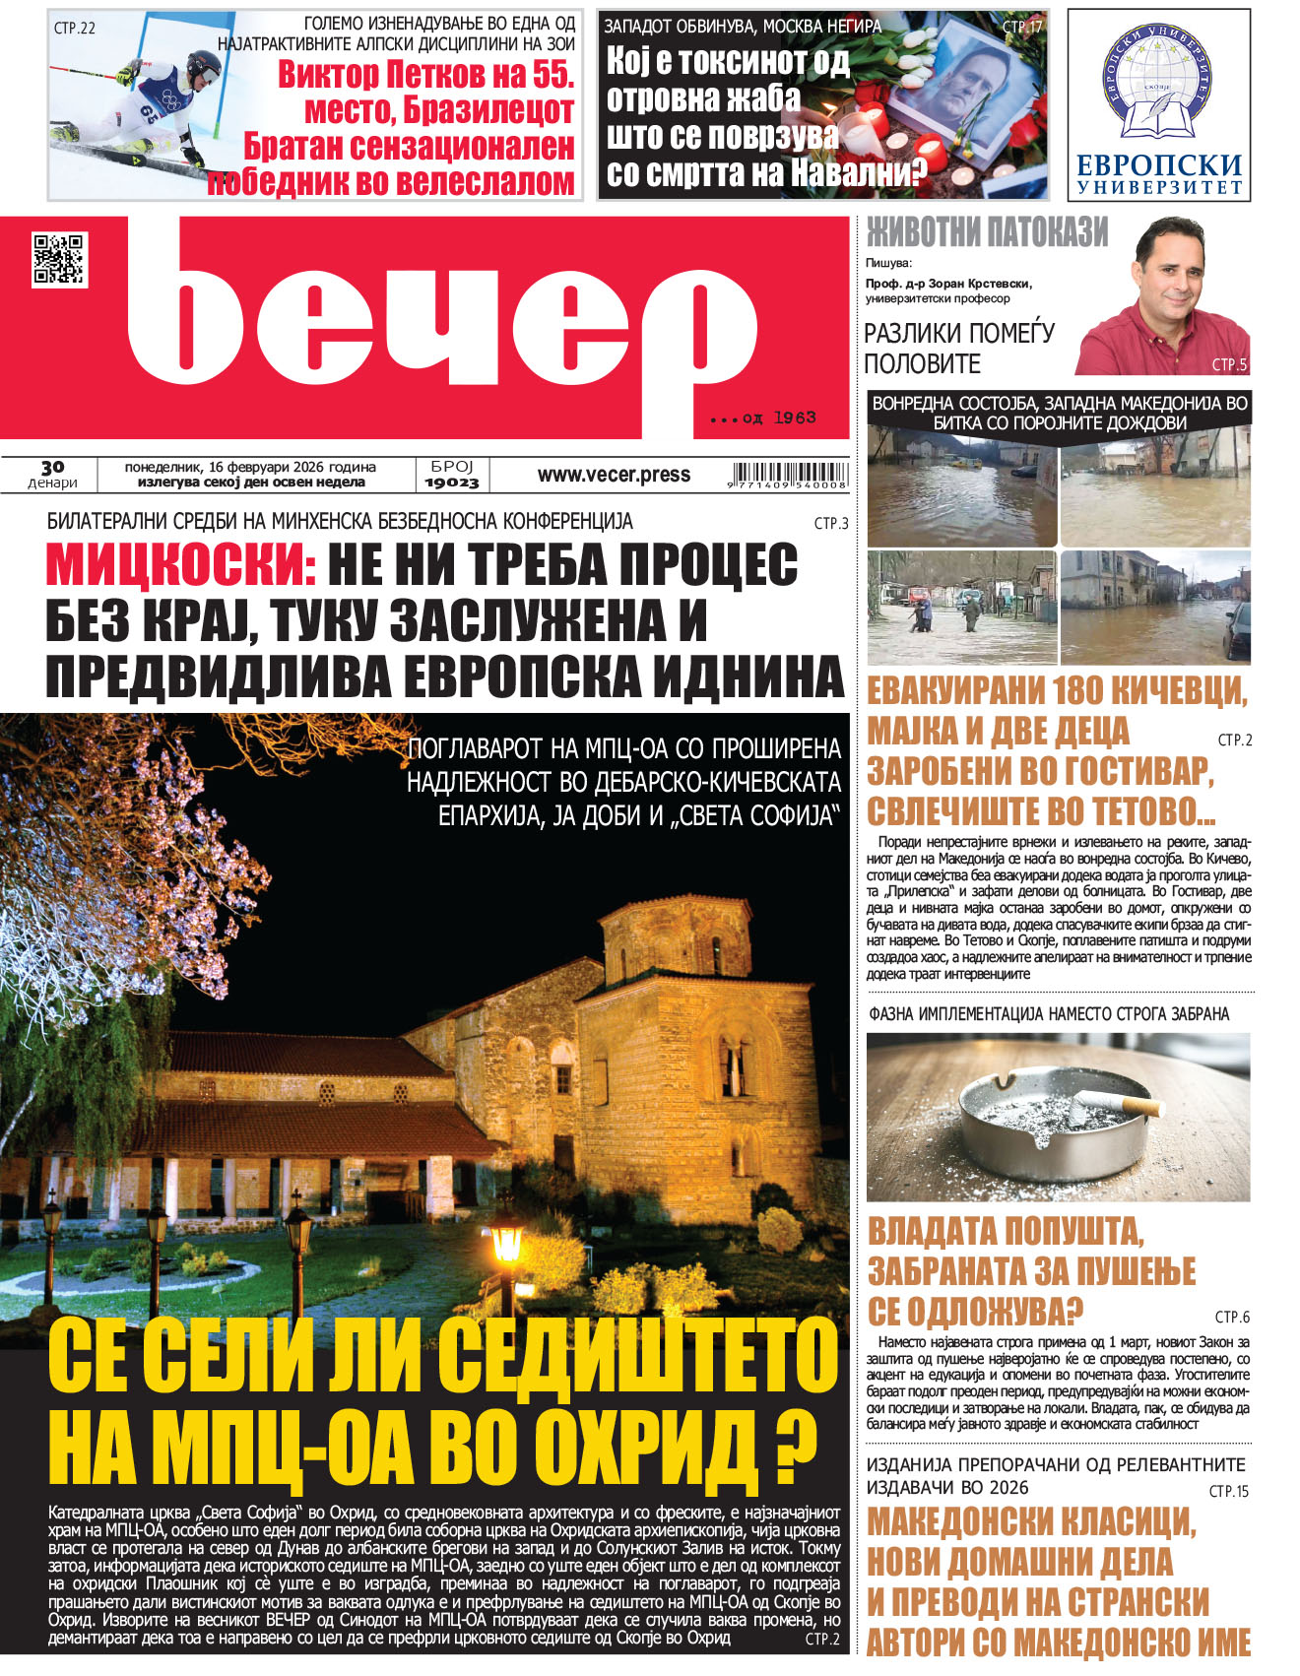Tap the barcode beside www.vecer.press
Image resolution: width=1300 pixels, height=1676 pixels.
tap(789, 475)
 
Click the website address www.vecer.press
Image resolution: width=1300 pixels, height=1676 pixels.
tap(614, 475)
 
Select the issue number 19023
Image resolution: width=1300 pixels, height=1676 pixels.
tap(452, 483)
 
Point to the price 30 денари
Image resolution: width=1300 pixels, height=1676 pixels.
tap(52, 475)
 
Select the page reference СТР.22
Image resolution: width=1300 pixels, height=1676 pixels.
tap(75, 29)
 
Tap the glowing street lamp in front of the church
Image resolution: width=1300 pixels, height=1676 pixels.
tap(506, 1243)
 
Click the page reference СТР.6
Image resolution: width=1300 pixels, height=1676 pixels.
tap(1231, 1317)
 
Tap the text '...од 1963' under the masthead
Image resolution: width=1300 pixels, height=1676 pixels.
tap(763, 419)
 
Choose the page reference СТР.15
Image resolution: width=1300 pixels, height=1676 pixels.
tap(1228, 1491)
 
